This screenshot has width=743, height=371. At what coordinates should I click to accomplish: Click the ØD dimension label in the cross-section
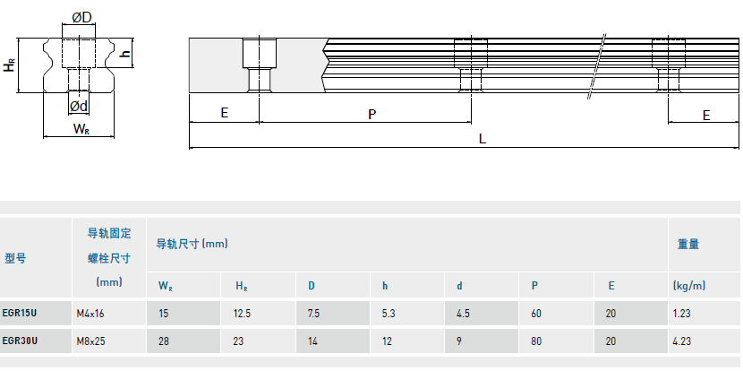(x=81, y=17)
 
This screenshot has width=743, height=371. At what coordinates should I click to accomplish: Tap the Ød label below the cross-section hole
(x=79, y=106)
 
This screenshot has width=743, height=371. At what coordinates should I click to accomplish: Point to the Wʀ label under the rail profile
(x=81, y=129)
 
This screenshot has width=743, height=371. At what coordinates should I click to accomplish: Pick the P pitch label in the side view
(x=371, y=114)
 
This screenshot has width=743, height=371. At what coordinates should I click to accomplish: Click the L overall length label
(x=483, y=138)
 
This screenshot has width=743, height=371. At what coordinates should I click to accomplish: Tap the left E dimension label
(x=224, y=114)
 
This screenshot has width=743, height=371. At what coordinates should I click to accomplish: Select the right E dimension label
(x=705, y=115)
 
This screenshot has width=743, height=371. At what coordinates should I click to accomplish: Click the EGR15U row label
(x=21, y=313)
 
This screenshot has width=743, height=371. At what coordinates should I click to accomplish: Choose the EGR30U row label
(x=21, y=341)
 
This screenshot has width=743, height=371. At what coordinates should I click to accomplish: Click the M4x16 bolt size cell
(x=91, y=313)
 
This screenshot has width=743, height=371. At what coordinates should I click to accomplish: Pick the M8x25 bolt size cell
(x=91, y=341)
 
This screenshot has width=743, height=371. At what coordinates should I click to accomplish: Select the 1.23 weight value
(x=682, y=313)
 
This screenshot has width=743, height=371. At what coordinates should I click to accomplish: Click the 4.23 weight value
(x=682, y=341)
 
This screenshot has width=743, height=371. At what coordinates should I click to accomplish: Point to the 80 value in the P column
(x=535, y=341)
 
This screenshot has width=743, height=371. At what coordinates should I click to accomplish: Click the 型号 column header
(x=15, y=258)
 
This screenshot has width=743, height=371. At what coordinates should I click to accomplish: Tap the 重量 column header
(x=687, y=243)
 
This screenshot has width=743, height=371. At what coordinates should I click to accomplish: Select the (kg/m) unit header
(x=688, y=286)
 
